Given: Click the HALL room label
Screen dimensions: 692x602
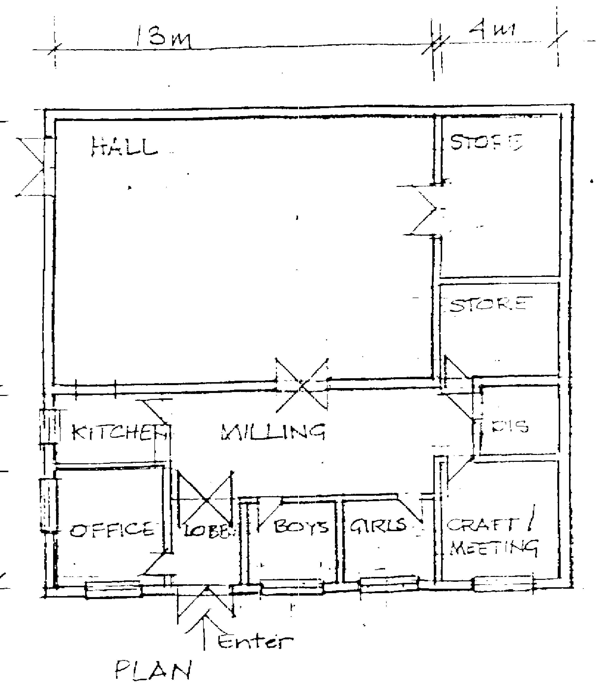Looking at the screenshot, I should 124,147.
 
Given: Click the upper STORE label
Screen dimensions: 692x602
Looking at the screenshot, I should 486,142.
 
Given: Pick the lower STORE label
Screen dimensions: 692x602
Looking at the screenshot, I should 490,304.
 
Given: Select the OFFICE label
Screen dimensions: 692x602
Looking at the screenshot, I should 112,530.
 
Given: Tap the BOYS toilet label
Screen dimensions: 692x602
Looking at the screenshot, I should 301,527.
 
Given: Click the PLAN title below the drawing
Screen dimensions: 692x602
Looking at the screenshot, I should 153,669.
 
